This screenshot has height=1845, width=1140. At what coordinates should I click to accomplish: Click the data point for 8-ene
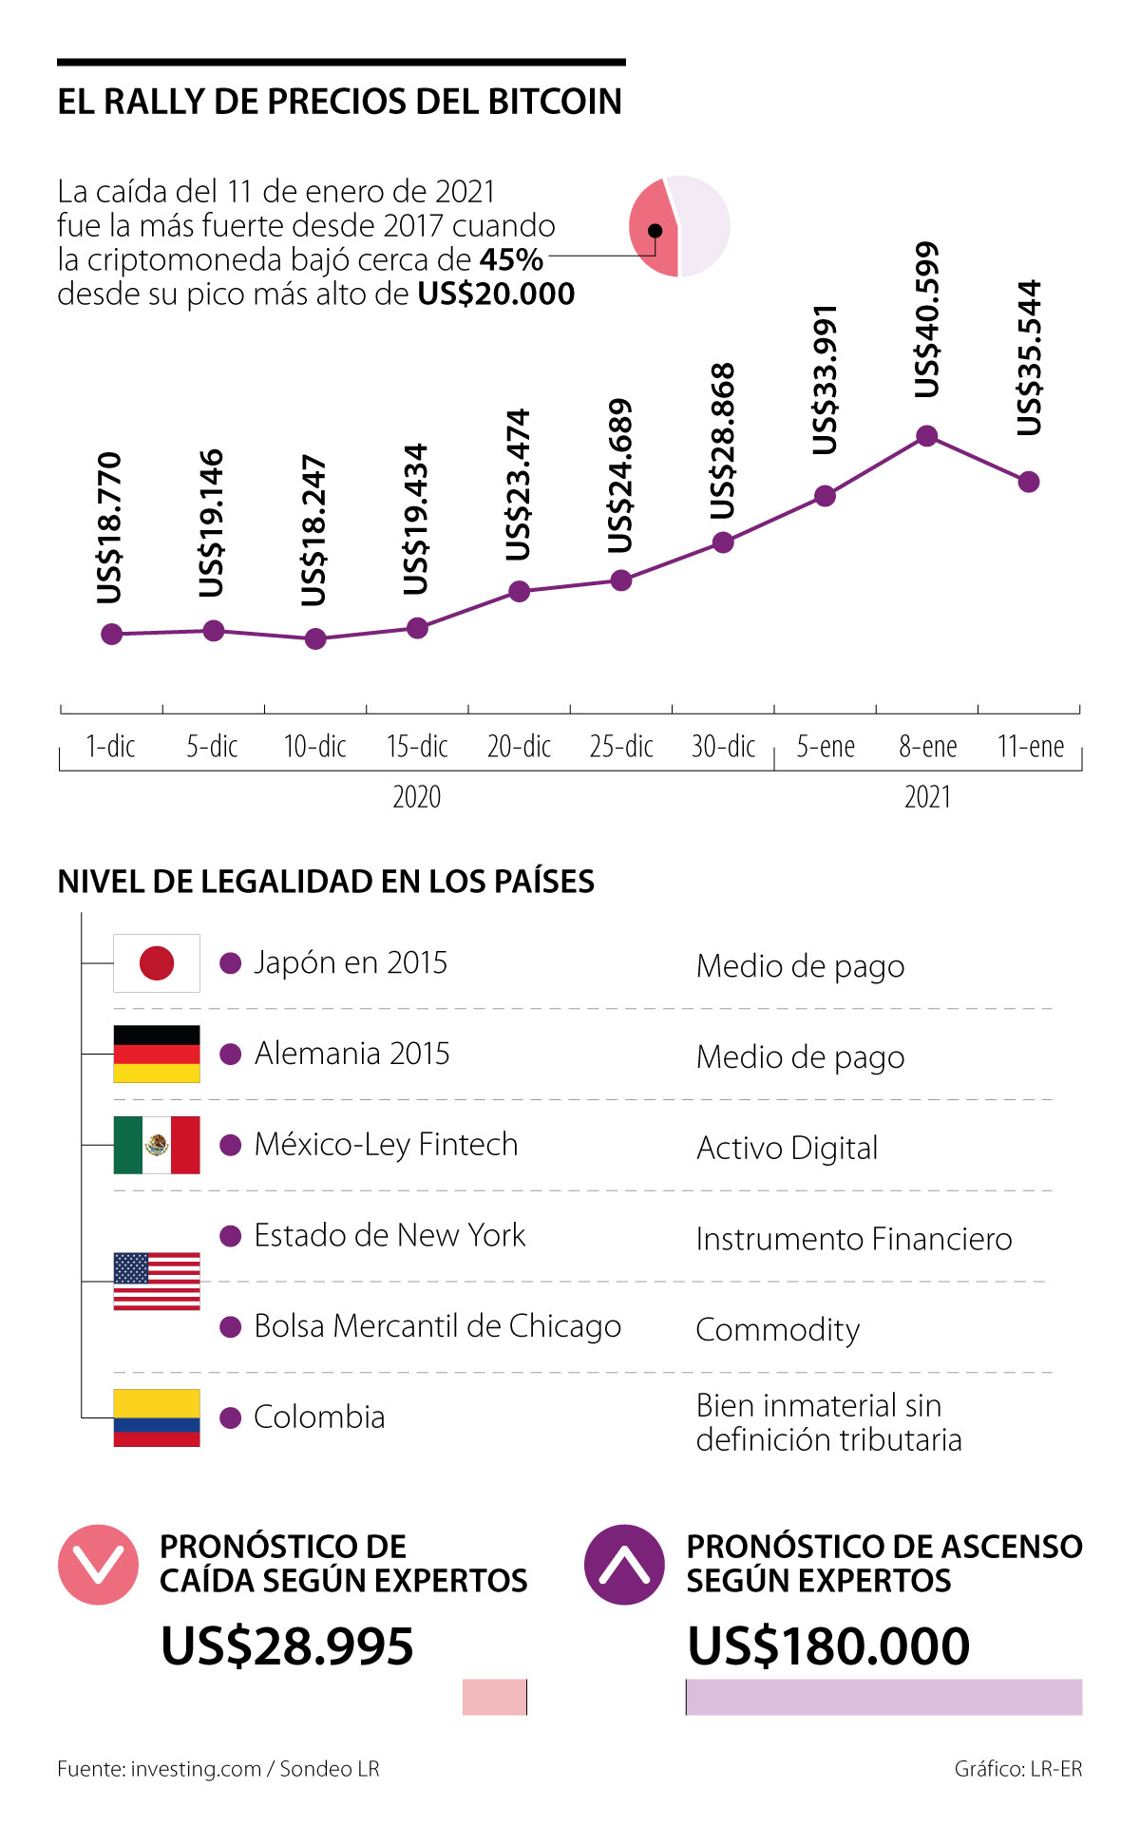click(x=927, y=436)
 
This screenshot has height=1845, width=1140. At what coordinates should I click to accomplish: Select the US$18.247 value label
click(x=313, y=530)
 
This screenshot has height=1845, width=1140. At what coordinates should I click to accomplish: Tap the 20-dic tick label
click(x=519, y=747)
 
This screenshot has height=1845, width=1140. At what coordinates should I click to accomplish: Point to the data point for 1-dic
click(x=112, y=634)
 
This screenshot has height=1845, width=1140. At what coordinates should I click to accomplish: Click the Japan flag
click(x=157, y=963)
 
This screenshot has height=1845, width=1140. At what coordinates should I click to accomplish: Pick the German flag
click(x=157, y=1054)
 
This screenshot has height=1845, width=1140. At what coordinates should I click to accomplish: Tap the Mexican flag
click(x=157, y=1145)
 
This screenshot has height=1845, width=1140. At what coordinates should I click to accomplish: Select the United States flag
click(x=157, y=1281)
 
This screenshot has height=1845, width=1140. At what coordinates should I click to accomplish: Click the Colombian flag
click(x=157, y=1417)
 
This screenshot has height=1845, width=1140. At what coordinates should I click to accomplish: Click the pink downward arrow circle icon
click(x=99, y=1565)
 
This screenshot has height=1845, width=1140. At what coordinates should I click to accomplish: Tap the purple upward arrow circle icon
click(x=624, y=1565)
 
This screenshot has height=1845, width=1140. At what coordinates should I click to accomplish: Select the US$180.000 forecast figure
click(x=828, y=1645)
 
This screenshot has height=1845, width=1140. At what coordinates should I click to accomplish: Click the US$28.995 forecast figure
click(x=287, y=1645)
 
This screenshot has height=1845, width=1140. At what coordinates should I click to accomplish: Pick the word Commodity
click(x=778, y=1329)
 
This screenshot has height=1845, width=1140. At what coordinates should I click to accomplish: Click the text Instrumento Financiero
click(x=854, y=1239)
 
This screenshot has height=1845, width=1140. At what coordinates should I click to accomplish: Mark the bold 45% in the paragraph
click(x=511, y=259)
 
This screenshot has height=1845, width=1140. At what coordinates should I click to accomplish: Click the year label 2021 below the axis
click(x=927, y=796)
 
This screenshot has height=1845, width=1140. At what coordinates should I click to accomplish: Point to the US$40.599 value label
click(x=926, y=320)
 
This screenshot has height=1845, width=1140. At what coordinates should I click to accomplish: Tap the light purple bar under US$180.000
click(x=883, y=1697)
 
